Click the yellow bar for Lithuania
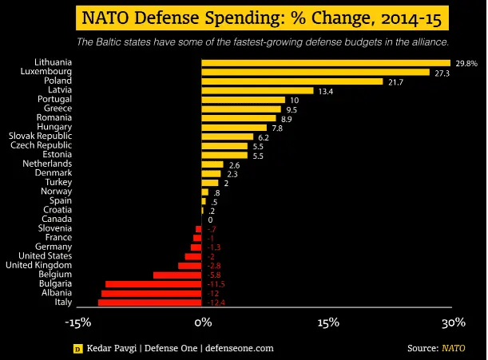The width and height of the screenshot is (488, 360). point(326,62)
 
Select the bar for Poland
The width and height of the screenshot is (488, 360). point(292,81)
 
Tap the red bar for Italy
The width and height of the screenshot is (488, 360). point(150,303)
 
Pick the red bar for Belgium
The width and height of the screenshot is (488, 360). point(177,275)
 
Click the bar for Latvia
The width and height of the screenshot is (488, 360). point(257,90)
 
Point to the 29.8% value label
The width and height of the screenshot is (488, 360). point(466,63)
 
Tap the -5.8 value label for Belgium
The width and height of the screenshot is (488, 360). point(214,275)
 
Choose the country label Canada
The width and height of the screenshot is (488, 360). point(57,219)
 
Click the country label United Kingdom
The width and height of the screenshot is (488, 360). point(39,265)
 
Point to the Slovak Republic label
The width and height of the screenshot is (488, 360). point(40,136)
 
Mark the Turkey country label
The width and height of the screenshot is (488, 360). point(58,182)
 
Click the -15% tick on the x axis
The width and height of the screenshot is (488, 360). point(77,322)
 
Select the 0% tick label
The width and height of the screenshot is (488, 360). point(203,322)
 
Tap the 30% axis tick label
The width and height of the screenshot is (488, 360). point(454,322)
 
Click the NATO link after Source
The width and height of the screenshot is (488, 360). point(454,348)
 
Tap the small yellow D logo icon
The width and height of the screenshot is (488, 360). point(77,349)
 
